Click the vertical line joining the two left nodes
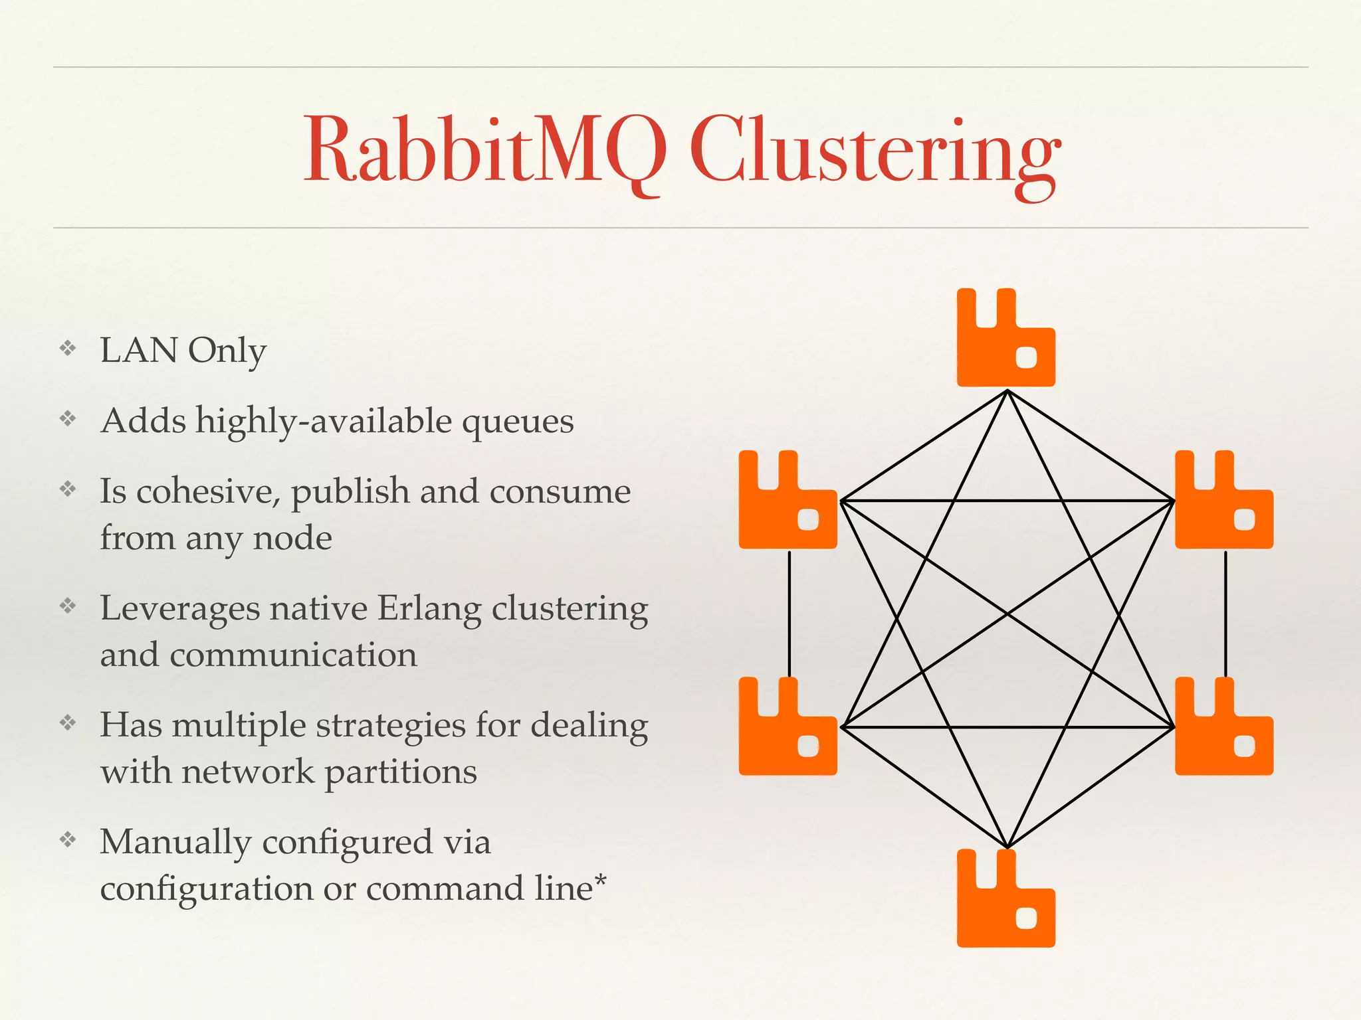tap(789, 614)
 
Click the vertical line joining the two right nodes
tap(1225, 614)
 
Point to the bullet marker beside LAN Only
tap(68, 348)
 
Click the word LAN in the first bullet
tap(138, 351)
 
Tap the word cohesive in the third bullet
tap(207, 492)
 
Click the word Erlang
tap(429, 609)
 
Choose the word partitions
tap(400, 772)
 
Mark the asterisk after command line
tap(601, 881)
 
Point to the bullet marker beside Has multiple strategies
tap(68, 722)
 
